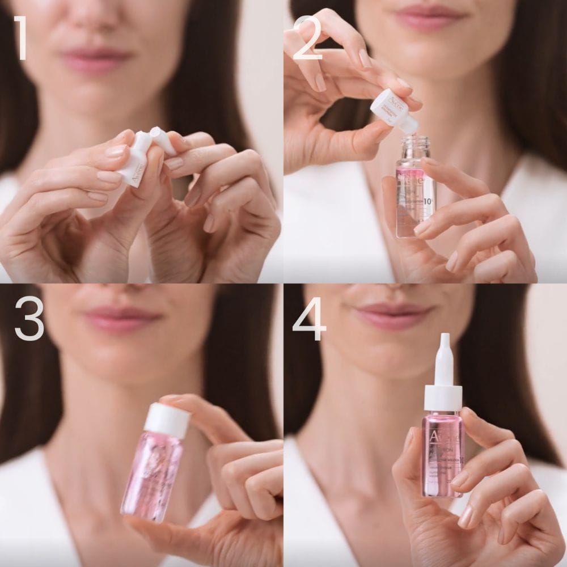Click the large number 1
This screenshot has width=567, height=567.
(x=21, y=38)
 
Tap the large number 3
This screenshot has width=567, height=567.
(x=29, y=321)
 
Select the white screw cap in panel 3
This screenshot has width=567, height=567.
(x=167, y=420)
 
